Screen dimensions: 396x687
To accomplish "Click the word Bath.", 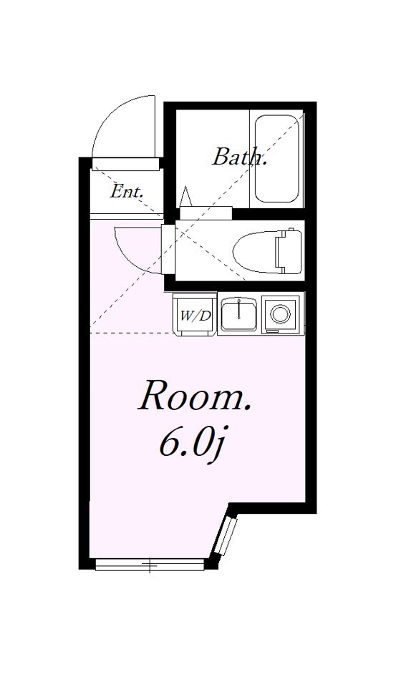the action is coord(239,157).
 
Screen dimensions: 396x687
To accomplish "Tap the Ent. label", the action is coord(127,191).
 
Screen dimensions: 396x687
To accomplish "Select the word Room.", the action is coord(194,396).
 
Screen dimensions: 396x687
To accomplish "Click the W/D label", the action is coord(195,316).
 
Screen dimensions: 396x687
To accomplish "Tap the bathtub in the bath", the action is coord(276,158).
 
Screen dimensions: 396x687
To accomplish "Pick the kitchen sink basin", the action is coord(238,313).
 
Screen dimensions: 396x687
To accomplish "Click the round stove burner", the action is coord(280,313).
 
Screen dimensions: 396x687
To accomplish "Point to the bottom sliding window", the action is coord(150,565).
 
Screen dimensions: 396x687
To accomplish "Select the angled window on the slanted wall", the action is coord(226,536).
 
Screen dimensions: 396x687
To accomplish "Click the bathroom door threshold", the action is coord(206,213).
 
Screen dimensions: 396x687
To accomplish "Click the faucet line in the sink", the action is coord(239,309).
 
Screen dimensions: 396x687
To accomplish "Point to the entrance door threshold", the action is coord(125,164).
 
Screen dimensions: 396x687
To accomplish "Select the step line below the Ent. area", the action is coord(126,216).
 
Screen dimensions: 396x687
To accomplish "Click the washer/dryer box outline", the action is coord(195,314).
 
